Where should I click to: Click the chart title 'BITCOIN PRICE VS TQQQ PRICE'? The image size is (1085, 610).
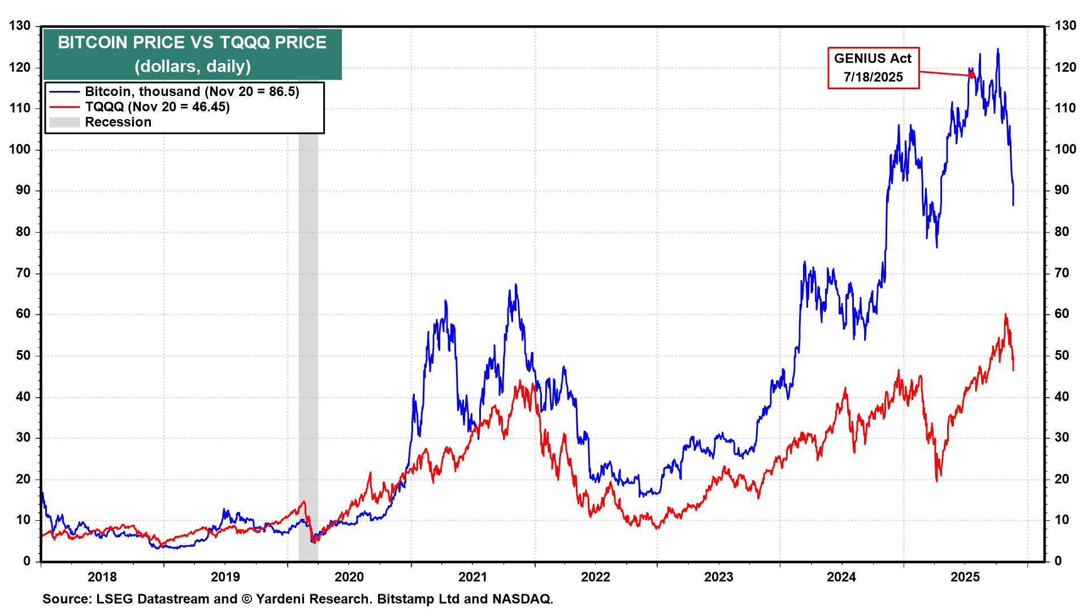192,43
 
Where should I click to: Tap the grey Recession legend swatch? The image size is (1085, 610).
64,122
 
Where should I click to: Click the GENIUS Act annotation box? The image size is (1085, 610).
873,68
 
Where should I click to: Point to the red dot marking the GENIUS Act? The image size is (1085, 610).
971,75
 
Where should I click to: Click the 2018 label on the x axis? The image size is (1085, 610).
102,577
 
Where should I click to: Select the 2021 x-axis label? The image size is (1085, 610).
472,577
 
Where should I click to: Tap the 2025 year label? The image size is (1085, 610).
965,577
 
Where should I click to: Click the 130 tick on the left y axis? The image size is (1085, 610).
20,26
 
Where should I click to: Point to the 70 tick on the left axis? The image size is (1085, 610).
23,273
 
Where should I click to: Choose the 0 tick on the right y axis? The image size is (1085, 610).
1058,561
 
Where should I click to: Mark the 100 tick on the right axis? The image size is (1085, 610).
1065,150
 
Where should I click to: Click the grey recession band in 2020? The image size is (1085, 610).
308,339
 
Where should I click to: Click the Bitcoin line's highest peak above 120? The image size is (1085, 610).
997,50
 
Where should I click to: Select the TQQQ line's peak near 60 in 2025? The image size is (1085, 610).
1005,315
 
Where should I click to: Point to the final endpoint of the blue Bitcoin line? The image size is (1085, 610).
1013,204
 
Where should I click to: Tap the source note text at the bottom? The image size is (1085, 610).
298,599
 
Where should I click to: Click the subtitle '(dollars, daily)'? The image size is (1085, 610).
192,67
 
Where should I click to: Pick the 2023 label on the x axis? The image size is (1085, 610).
719,577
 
